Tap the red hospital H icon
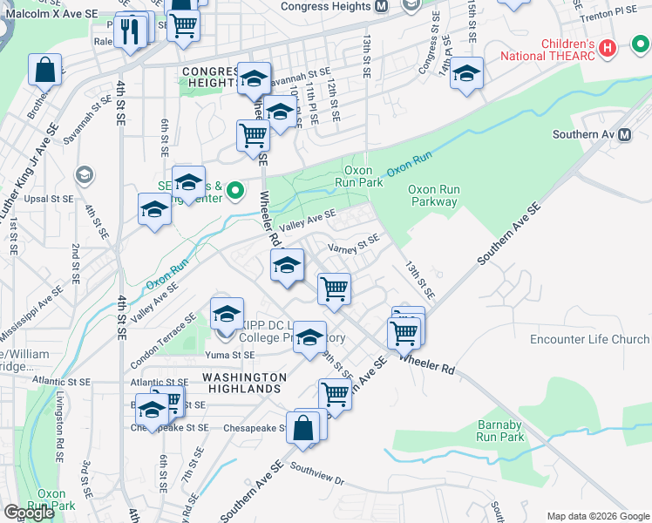click(x=608, y=48)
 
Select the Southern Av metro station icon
click(x=624, y=135)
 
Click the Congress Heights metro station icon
click(x=380, y=7)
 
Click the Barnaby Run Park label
click(x=499, y=431)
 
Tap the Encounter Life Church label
click(x=590, y=339)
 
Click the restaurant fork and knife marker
click(x=130, y=31)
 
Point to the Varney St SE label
click(x=353, y=244)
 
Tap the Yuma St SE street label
click(x=230, y=356)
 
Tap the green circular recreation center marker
click(x=234, y=188)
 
